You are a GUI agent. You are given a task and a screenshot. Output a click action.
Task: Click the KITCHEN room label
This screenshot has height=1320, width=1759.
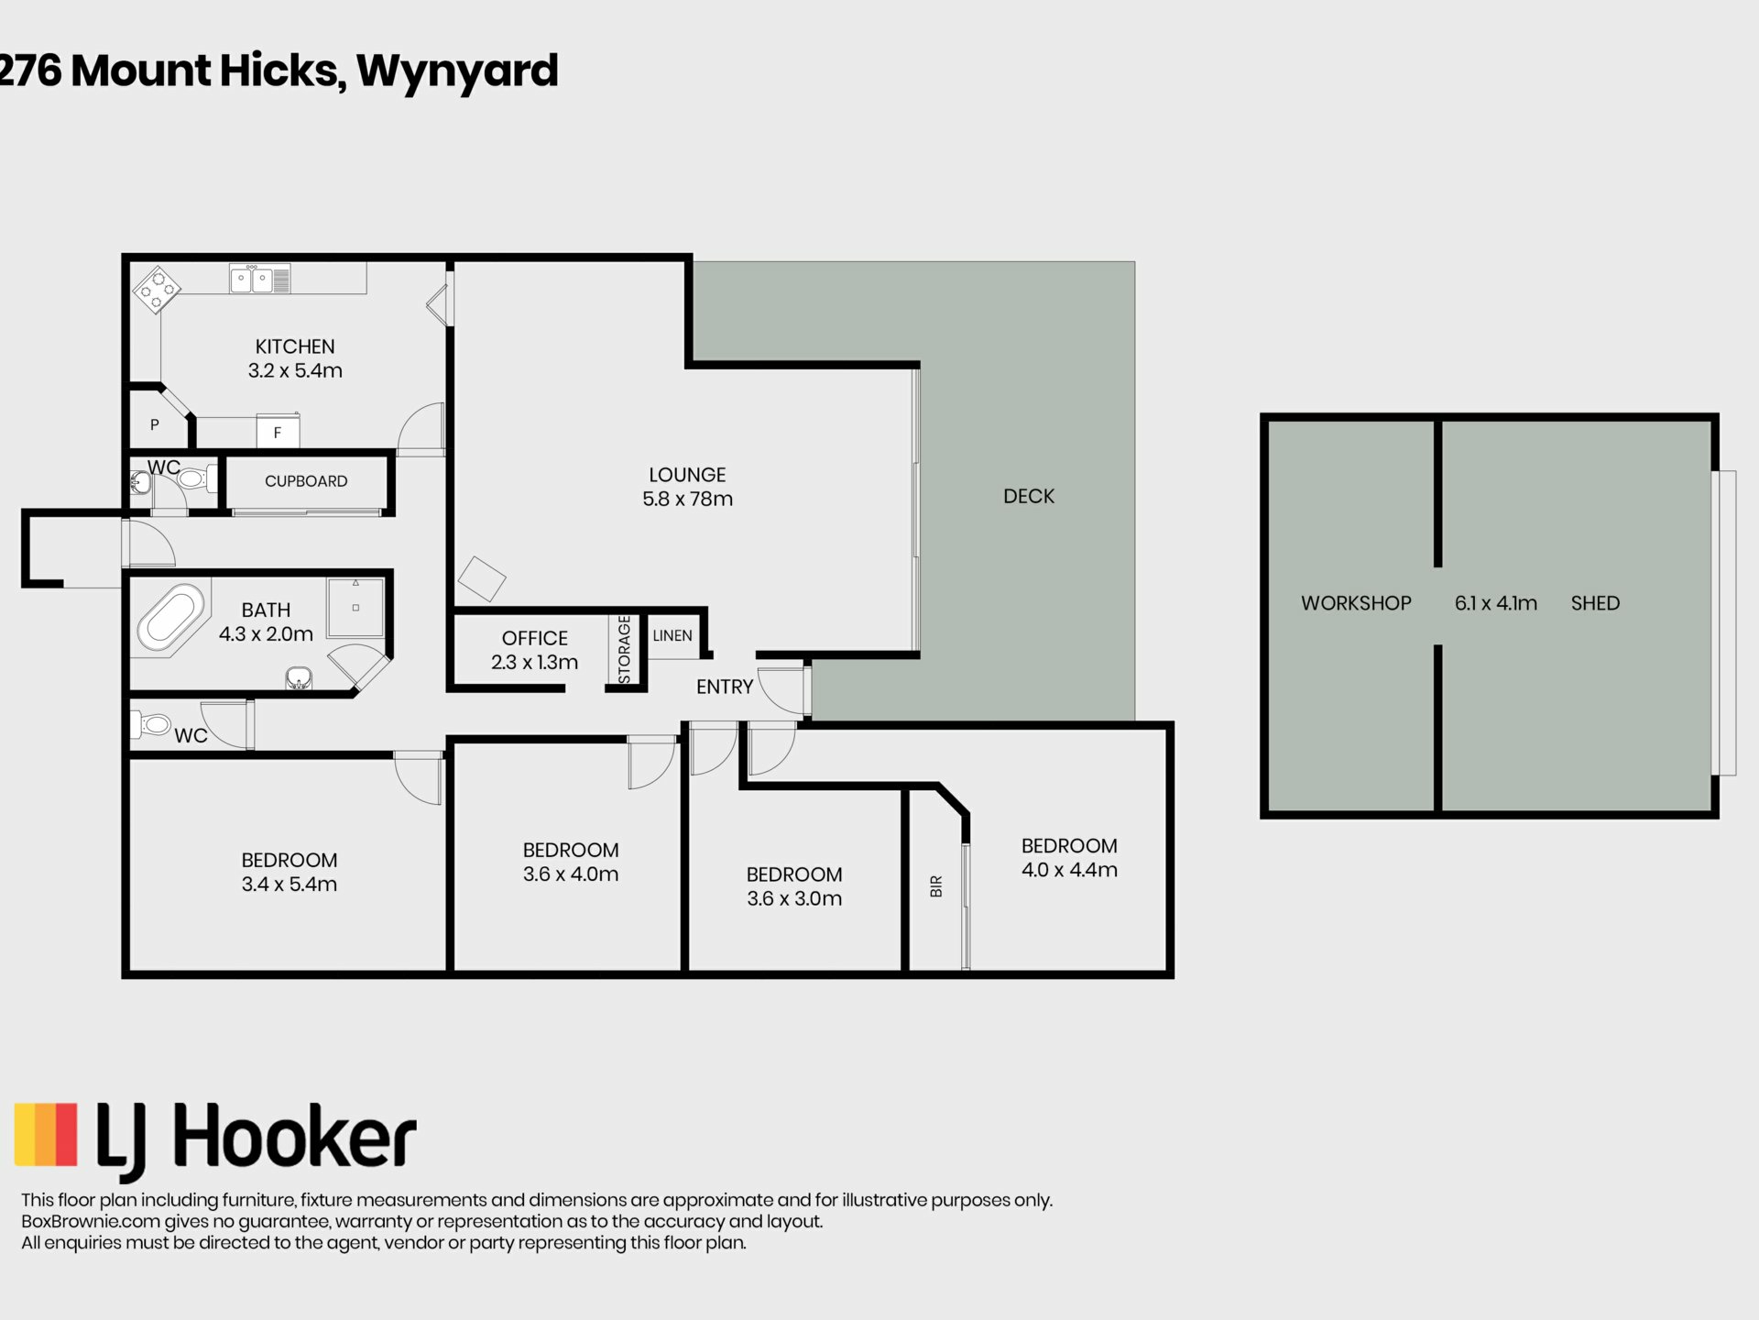tap(295, 346)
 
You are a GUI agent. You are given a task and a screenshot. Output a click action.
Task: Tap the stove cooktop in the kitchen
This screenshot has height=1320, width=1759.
tap(157, 290)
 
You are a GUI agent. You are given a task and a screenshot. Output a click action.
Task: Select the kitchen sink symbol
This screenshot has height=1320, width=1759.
tap(260, 279)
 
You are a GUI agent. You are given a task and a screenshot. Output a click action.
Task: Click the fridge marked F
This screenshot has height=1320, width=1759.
tap(277, 432)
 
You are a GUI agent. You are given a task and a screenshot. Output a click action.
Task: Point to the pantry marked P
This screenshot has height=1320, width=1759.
tap(155, 424)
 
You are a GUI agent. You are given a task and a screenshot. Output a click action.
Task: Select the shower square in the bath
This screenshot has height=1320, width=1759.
tap(355, 606)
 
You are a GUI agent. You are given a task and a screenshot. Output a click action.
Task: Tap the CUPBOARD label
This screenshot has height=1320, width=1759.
tap(306, 481)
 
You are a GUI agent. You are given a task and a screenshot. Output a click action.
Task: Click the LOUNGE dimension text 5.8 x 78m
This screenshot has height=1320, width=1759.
tap(687, 499)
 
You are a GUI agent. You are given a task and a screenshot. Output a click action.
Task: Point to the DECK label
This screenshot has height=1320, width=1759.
tap(1029, 496)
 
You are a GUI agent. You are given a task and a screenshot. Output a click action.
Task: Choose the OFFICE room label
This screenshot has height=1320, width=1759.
tap(535, 638)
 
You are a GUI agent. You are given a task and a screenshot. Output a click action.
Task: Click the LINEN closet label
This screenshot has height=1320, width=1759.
tap(672, 635)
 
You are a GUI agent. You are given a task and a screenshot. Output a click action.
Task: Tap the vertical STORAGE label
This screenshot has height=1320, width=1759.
tap(625, 649)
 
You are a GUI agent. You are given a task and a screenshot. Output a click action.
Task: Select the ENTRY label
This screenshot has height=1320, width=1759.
tap(725, 687)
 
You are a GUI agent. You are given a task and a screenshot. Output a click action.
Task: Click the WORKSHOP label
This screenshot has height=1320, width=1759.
tap(1356, 603)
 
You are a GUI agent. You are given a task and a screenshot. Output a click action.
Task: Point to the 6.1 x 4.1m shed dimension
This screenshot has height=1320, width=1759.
tap(1496, 603)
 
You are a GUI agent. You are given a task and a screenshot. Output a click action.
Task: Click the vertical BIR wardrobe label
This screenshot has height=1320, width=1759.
tap(936, 886)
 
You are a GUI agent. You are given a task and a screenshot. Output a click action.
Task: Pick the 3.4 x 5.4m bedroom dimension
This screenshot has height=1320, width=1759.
tap(290, 884)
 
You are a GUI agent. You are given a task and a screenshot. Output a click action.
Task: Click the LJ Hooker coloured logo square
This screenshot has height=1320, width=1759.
tap(46, 1134)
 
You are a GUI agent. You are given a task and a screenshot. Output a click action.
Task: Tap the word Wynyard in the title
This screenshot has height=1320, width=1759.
tap(457, 71)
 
